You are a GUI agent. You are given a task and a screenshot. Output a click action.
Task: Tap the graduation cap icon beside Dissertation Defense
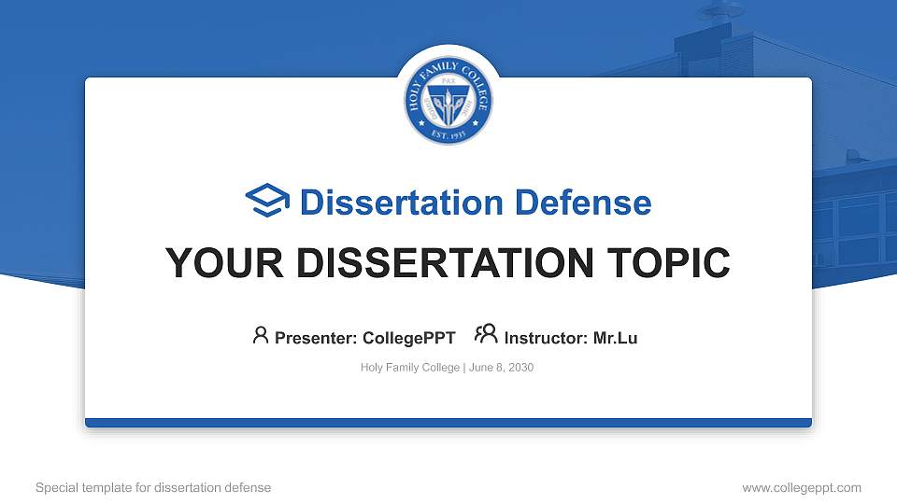coord(267,201)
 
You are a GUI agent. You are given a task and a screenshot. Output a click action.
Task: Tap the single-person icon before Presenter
coord(261,335)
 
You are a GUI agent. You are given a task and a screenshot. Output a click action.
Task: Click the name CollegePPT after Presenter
coord(409,338)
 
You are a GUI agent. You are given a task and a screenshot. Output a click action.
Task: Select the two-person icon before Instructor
coord(486,335)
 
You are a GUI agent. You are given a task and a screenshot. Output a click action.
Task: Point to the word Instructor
coord(546,338)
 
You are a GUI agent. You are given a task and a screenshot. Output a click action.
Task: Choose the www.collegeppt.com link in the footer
coord(802,487)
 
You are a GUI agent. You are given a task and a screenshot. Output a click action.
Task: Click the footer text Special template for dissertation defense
coord(153,487)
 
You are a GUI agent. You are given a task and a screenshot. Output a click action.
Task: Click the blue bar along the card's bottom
coord(448,423)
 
